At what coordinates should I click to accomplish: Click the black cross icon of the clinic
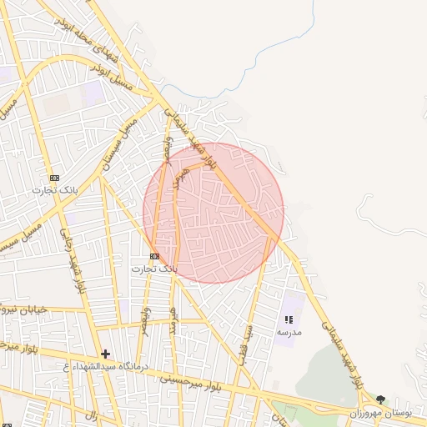click(105, 354)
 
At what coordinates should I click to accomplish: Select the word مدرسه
click(289, 332)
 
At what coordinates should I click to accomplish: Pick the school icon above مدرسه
click(289, 319)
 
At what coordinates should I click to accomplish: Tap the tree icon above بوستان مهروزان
click(381, 400)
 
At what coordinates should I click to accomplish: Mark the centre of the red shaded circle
click(213, 213)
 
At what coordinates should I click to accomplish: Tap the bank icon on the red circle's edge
click(154, 256)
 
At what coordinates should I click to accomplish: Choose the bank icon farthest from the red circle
click(54, 178)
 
